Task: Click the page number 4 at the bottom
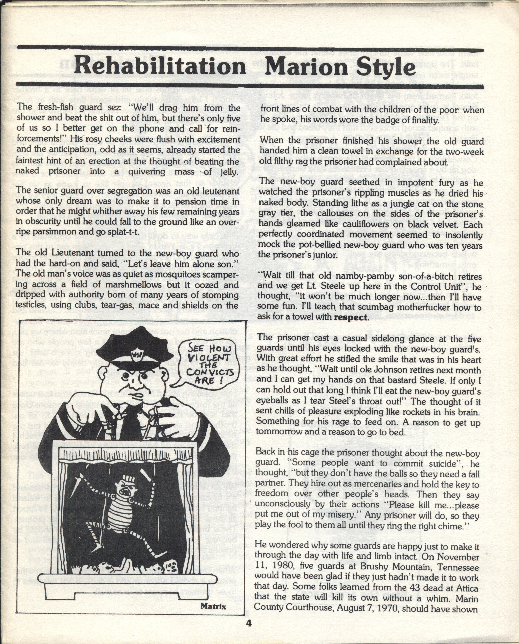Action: [x=249, y=623]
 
